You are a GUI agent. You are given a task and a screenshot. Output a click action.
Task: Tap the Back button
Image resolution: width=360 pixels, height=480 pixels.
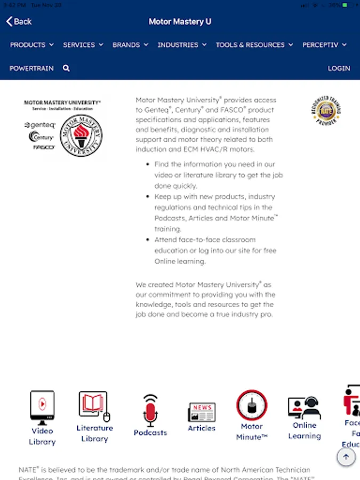(19, 21)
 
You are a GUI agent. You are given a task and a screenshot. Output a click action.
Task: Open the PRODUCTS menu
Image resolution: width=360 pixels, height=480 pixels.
(31, 45)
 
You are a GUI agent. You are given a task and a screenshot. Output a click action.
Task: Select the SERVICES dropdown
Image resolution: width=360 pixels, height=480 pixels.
(83, 45)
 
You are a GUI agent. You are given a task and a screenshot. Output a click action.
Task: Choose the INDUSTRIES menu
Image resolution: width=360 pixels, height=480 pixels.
(182, 45)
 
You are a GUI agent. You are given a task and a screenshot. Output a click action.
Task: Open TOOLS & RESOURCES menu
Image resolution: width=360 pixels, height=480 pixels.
(254, 45)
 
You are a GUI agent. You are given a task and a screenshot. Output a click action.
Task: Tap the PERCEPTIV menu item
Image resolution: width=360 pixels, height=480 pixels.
(324, 45)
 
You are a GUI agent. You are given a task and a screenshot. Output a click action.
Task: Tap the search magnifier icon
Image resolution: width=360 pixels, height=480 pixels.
(66, 68)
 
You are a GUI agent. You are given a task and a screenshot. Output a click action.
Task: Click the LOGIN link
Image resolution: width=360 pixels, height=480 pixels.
(339, 68)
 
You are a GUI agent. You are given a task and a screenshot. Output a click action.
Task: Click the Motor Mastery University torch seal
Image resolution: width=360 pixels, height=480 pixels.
(81, 135)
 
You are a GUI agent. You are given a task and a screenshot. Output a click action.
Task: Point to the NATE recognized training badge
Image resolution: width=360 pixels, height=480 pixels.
(326, 111)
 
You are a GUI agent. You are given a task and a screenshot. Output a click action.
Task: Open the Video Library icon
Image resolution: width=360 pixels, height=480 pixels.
(42, 408)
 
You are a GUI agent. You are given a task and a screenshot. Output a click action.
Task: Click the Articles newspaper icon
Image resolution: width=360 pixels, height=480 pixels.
(202, 412)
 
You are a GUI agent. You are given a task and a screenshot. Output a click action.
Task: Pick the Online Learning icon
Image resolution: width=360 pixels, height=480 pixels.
(305, 408)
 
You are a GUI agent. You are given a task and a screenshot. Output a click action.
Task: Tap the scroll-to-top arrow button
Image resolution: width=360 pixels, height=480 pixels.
(346, 457)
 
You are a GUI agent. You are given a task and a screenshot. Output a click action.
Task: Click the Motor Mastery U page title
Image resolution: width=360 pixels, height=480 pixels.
(180, 21)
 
